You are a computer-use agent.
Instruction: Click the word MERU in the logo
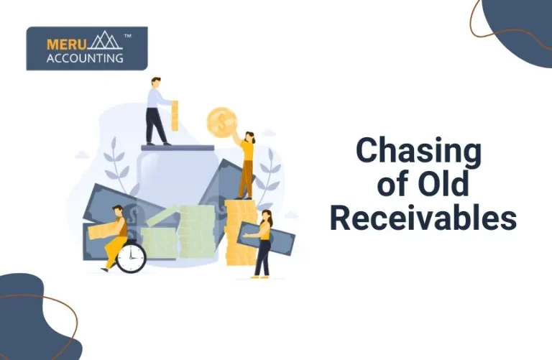click(63, 43)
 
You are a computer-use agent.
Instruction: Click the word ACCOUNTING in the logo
click(85, 58)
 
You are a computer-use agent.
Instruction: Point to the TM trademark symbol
click(127, 34)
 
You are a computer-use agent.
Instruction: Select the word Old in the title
click(444, 185)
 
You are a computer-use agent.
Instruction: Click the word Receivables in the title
click(423, 218)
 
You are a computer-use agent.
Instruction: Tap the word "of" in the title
click(394, 185)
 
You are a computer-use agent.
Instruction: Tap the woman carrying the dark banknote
click(264, 244)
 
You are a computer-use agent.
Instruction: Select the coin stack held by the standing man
click(175, 115)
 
